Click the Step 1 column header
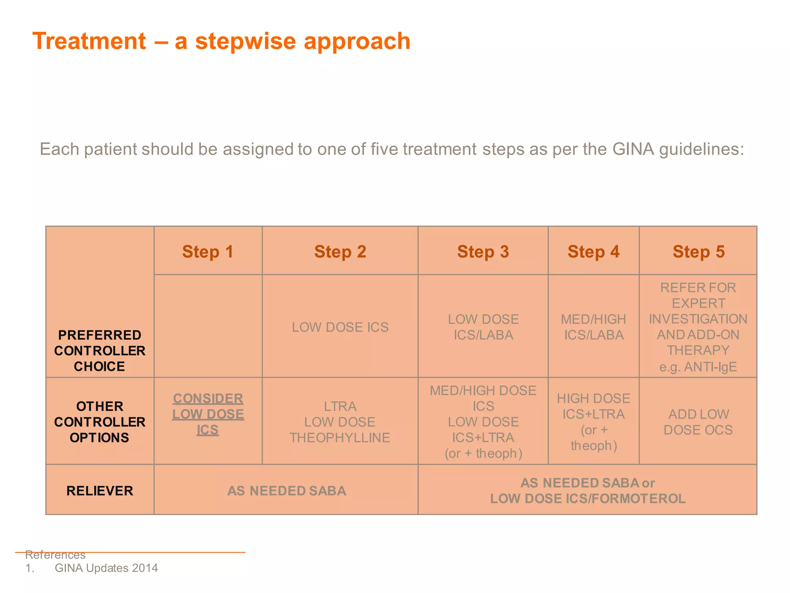click(208, 252)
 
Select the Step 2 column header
click(340, 252)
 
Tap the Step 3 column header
click(483, 252)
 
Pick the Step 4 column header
click(593, 252)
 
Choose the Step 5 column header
click(698, 252)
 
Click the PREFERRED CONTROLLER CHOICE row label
click(100, 351)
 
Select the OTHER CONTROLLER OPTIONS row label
click(100, 422)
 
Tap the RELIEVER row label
click(100, 491)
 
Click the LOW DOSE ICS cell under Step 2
click(340, 327)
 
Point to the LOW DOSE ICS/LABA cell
click(483, 327)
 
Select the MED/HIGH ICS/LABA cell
click(593, 327)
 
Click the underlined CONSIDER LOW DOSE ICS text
click(208, 414)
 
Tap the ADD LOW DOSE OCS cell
click(698, 422)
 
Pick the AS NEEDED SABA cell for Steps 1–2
click(286, 491)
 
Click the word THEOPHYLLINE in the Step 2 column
click(340, 438)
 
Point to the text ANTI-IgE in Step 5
click(710, 367)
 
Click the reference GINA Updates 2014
click(106, 568)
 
